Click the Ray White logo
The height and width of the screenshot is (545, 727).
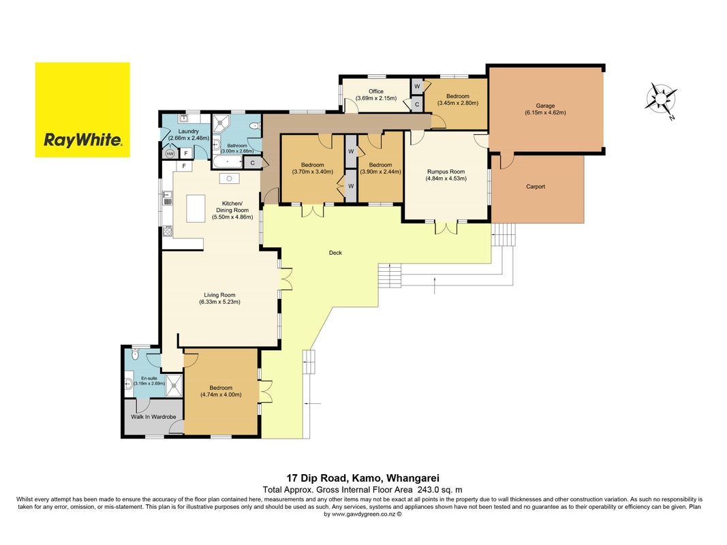tap(82, 110)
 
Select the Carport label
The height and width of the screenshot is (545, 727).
tap(536, 187)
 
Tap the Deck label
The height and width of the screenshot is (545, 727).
tap(335, 253)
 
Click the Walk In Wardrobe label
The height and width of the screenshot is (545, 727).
tap(153, 417)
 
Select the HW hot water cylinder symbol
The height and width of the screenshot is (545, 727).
tap(170, 153)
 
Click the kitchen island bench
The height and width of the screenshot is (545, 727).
tap(196, 208)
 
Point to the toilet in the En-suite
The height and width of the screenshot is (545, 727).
tap(134, 354)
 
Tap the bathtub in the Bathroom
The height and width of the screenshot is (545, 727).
tap(228, 162)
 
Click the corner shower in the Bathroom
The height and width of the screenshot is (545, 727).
tap(221, 124)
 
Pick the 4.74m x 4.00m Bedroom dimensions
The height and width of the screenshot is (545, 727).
tap(221, 395)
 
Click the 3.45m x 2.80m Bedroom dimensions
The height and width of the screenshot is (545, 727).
tap(458, 104)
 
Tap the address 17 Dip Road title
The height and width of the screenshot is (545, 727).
tap(363, 478)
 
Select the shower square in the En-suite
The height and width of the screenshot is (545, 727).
tap(175, 385)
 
